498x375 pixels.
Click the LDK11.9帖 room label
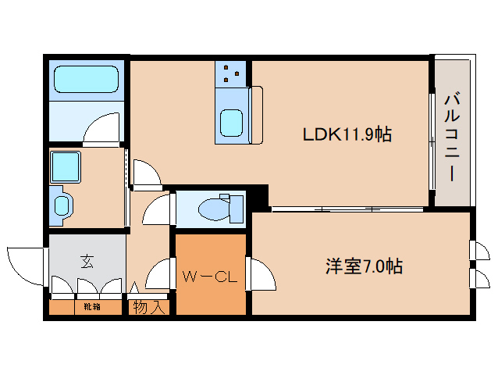pos(347,134)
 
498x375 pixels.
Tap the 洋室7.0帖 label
pos(364,266)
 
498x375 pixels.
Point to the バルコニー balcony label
pos(452,137)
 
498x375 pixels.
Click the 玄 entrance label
pos(86,262)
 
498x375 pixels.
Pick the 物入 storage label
pos(148,307)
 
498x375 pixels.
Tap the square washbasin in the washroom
pos(66,166)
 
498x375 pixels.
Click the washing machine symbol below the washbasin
pos(62,205)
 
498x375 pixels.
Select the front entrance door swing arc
pos(23,266)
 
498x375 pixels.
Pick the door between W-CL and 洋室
pos(261,274)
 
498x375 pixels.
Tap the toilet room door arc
pos(158,209)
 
